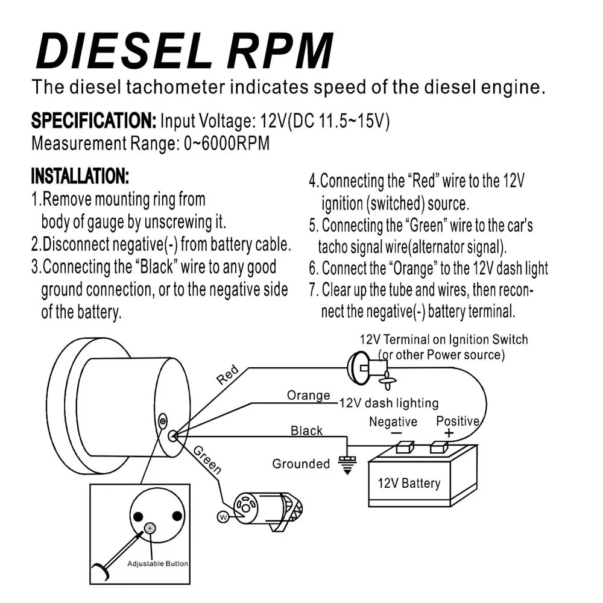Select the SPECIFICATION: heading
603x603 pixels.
click(x=93, y=121)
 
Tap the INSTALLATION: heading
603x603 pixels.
click(x=80, y=177)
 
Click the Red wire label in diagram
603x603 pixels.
click(x=228, y=375)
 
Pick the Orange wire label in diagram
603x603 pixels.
click(x=308, y=396)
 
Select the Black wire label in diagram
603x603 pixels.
click(x=306, y=431)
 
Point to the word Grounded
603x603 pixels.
click(x=301, y=464)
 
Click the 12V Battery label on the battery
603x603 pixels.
click(x=409, y=483)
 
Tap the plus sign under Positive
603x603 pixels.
click(x=449, y=434)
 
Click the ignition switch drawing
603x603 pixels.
click(x=365, y=367)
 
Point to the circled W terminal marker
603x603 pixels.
click(x=222, y=517)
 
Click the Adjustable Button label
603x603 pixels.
click(x=157, y=564)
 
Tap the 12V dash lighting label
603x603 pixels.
click(x=388, y=403)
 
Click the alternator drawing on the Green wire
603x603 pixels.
click(x=268, y=505)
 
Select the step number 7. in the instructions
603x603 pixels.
click(x=313, y=290)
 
